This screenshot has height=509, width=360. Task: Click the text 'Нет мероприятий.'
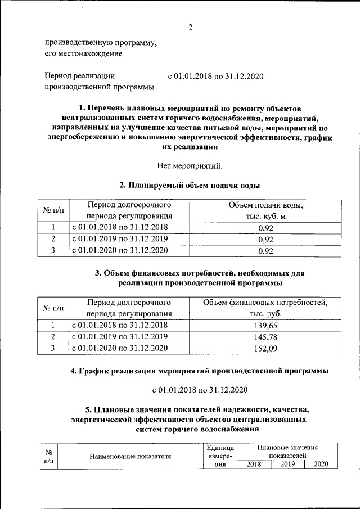point(191,165)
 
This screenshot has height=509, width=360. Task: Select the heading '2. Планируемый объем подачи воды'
point(190,185)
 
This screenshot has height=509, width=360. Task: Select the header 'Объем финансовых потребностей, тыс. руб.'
point(265,308)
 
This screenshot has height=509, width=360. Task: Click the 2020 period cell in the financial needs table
point(121,349)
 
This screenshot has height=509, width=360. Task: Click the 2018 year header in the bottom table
point(254,464)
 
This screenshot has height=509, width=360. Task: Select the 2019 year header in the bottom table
point(287,464)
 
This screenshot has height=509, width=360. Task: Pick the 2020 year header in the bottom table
point(321,464)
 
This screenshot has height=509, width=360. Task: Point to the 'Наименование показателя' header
point(130,456)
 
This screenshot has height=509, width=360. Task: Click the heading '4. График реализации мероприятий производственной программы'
point(199,371)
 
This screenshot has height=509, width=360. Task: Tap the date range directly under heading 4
point(199,390)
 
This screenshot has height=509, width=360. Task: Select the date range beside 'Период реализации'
point(216,76)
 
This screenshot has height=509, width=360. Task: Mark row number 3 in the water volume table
point(52,250)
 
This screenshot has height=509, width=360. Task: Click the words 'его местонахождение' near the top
point(83,53)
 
